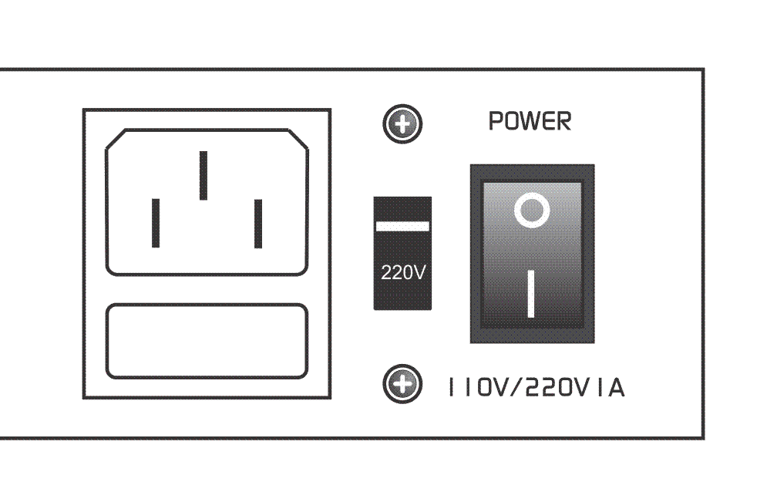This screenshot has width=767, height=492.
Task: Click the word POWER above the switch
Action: pyautogui.click(x=530, y=121)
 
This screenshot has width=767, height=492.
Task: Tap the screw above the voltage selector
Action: pyautogui.click(x=402, y=124)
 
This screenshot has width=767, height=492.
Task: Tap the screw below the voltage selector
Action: pyautogui.click(x=402, y=384)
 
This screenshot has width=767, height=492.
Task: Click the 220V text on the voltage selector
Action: pyautogui.click(x=403, y=272)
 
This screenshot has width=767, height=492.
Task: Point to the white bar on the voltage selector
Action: pyautogui.click(x=402, y=226)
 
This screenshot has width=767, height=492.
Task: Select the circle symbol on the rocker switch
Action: pyautogui.click(x=532, y=210)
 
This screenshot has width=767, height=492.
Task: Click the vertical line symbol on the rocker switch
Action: pyautogui.click(x=531, y=294)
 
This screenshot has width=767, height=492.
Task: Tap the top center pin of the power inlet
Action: pyautogui.click(x=204, y=175)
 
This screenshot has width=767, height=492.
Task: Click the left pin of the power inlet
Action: pyautogui.click(x=156, y=223)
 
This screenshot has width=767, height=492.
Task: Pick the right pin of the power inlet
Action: pyautogui.click(x=258, y=224)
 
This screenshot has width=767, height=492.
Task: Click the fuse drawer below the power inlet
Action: pyautogui.click(x=207, y=341)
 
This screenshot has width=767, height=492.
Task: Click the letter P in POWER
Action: pyautogui.click(x=496, y=121)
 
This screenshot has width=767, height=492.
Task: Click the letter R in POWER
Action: pyautogui.click(x=564, y=121)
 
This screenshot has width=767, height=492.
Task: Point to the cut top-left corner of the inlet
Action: pyautogui.click(x=116, y=139)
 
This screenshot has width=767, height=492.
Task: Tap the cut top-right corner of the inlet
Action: pyautogui.click(x=298, y=139)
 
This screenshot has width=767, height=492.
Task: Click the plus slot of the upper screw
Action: pyautogui.click(x=402, y=124)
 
